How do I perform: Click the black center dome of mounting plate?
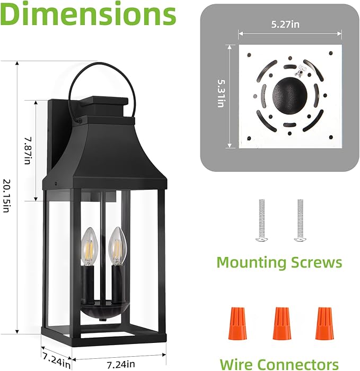click(x=290, y=96)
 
